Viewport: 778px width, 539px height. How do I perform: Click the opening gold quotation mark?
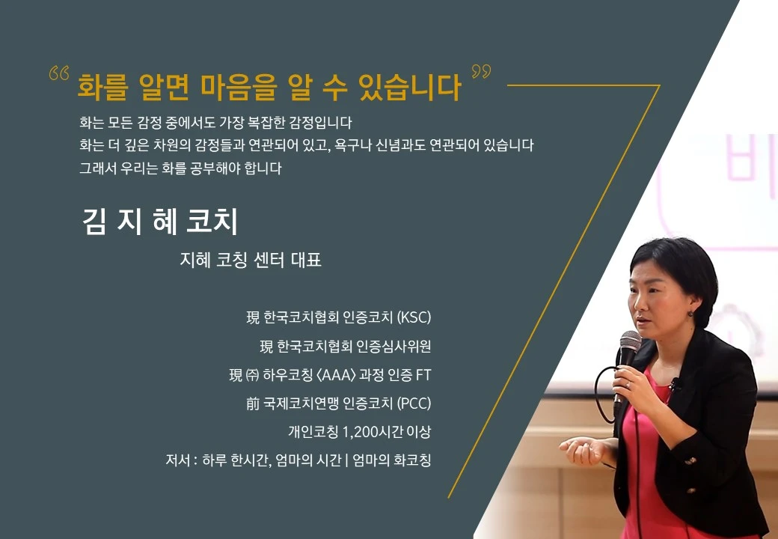pyautogui.click(x=58, y=75)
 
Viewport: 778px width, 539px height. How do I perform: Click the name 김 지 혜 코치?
pyautogui.click(x=159, y=222)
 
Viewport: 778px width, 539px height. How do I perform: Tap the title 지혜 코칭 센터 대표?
pyautogui.click(x=251, y=261)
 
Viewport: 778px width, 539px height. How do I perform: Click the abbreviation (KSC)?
pyautogui.click(x=414, y=317)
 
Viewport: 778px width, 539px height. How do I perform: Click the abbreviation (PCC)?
pyautogui.click(x=414, y=404)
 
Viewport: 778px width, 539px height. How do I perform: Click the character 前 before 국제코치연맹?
pyautogui.click(x=252, y=404)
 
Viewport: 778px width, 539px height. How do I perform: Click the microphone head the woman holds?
pyautogui.click(x=629, y=344)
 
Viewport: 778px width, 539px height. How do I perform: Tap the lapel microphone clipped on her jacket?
pyautogui.click(x=675, y=386)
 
